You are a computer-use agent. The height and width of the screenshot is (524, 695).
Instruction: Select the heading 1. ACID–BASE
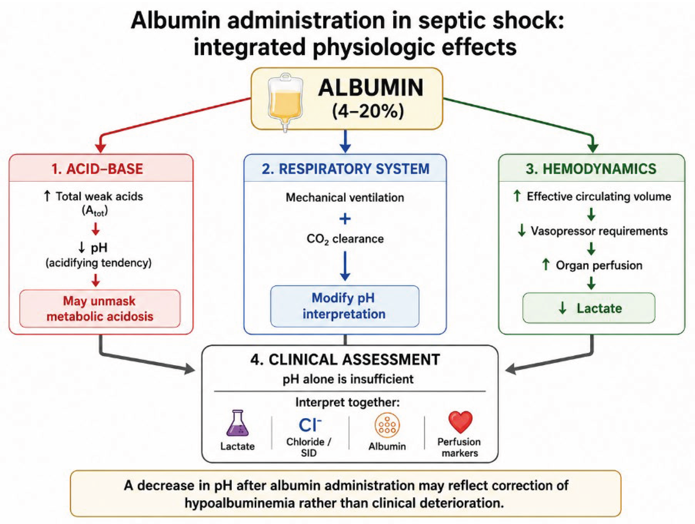click(97, 169)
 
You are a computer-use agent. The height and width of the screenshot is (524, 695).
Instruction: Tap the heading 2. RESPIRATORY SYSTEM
click(345, 169)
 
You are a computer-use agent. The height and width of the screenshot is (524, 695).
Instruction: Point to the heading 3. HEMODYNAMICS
click(591, 169)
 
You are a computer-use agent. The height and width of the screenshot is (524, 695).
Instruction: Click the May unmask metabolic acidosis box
click(100, 308)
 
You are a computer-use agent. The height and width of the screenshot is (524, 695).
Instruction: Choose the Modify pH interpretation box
click(344, 306)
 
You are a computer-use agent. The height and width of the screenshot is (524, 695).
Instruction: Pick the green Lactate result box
click(589, 308)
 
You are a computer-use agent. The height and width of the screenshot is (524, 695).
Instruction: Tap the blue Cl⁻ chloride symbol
click(310, 425)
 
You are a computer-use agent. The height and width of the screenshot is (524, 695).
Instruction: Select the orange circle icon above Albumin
click(387, 425)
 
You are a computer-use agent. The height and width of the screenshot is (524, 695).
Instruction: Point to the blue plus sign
click(345, 219)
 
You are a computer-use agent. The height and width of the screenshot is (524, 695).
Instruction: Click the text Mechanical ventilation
click(345, 198)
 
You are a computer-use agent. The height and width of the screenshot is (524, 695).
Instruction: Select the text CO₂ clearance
click(345, 239)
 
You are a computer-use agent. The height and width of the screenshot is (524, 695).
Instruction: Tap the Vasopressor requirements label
click(599, 231)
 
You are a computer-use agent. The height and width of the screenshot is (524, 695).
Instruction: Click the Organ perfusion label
click(599, 266)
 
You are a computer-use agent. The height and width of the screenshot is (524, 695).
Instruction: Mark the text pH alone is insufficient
click(348, 379)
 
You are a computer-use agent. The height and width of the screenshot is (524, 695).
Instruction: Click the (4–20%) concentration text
click(368, 111)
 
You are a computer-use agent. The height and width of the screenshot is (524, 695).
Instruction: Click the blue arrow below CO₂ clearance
click(345, 266)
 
